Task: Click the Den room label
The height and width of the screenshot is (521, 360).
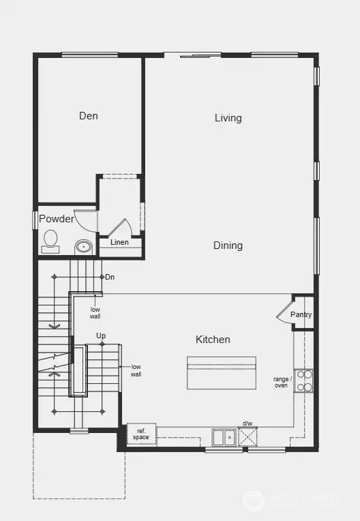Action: (x=88, y=116)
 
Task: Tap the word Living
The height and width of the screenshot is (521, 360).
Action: (x=228, y=118)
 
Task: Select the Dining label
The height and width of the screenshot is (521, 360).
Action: (x=228, y=245)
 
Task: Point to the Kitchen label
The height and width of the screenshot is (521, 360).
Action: (x=213, y=340)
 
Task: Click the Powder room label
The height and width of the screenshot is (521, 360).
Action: (x=56, y=219)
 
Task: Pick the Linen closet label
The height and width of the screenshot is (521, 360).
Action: (x=119, y=243)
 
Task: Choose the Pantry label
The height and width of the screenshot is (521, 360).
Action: (x=301, y=314)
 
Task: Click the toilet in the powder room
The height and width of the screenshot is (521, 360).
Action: (x=50, y=239)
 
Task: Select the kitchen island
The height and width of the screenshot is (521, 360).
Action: (x=222, y=372)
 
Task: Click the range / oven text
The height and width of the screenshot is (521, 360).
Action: (x=282, y=382)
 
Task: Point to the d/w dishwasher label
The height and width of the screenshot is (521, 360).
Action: (x=247, y=423)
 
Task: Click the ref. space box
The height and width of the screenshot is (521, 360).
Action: (x=141, y=434)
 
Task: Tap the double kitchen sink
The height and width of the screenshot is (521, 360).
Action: (x=224, y=436)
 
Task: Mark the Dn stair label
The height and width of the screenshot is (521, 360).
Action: (x=110, y=277)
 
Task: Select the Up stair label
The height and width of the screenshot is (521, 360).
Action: (x=101, y=336)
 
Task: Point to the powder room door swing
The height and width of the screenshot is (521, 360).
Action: (x=85, y=220)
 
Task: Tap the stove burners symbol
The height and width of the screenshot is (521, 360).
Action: (x=303, y=381)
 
